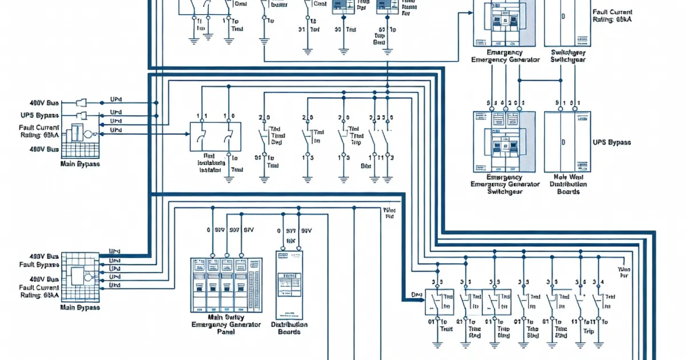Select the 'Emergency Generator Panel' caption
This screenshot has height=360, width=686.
(x=225, y=324)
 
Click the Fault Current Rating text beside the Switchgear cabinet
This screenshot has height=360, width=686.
(x=614, y=15)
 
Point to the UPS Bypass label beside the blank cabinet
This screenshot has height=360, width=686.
(x=612, y=142)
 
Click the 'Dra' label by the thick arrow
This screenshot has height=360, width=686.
(x=416, y=295)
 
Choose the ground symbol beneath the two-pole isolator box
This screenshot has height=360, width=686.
(x=229, y=179)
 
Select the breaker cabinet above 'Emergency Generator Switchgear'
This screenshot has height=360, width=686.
(x=503, y=141)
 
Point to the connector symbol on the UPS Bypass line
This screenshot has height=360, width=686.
(x=81, y=115)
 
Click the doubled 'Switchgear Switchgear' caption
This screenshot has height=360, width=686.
(x=568, y=55)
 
